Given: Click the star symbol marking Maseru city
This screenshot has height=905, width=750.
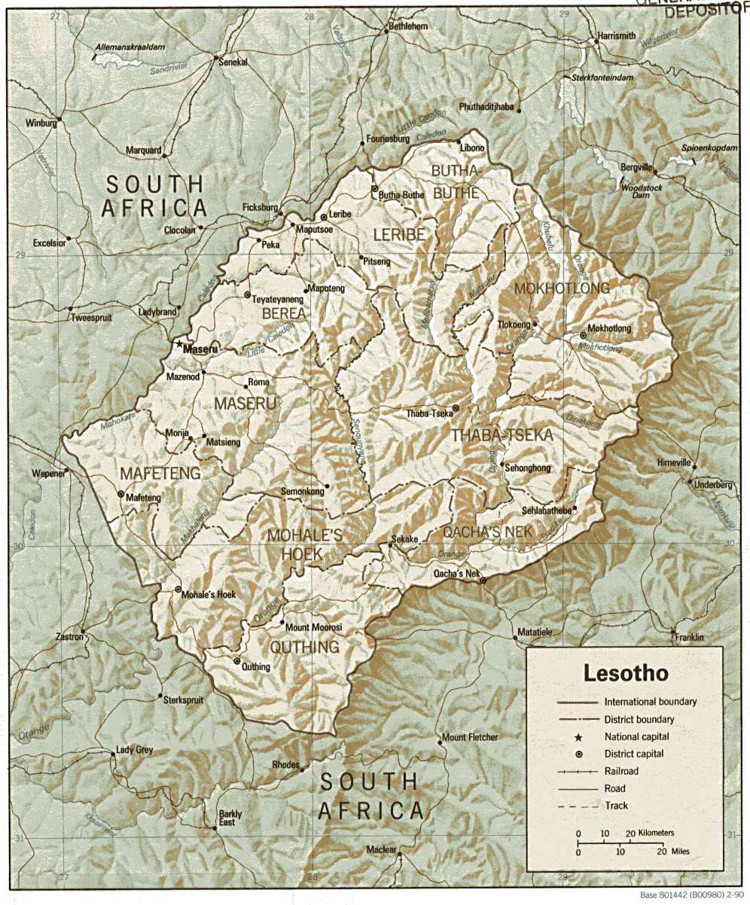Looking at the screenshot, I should pyautogui.click(x=179, y=345).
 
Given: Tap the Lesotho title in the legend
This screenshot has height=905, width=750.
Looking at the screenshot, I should pyautogui.click(x=625, y=673).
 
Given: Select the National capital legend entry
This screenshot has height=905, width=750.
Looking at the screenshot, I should pyautogui.click(x=636, y=736).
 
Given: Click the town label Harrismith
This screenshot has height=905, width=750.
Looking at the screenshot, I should pyautogui.click(x=616, y=35).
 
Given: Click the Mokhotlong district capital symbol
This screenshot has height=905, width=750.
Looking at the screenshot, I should pyautogui.click(x=583, y=336).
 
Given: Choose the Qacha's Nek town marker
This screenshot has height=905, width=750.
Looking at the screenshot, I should pyautogui.click(x=483, y=580).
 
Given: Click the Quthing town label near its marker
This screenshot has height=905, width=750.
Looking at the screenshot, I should pyautogui.click(x=256, y=666).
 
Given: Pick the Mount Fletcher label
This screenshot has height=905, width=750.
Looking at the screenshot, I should pyautogui.click(x=470, y=737).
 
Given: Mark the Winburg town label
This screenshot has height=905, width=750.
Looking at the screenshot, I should pyautogui.click(x=41, y=122).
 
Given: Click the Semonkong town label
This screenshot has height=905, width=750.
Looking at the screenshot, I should pyautogui.click(x=302, y=492).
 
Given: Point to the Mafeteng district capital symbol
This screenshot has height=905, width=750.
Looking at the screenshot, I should pyautogui.click(x=121, y=494).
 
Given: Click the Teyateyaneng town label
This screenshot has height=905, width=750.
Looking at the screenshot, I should pyautogui.click(x=277, y=298).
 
